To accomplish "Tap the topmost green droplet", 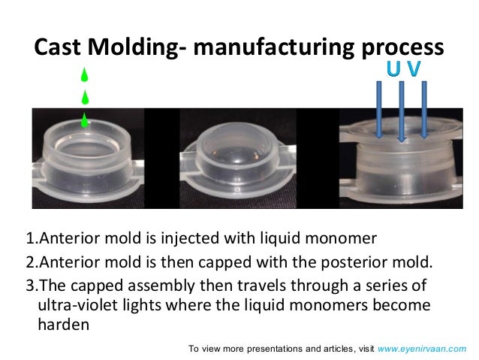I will [85, 75].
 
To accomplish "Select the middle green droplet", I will [85, 97].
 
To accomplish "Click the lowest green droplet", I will [85, 119].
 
